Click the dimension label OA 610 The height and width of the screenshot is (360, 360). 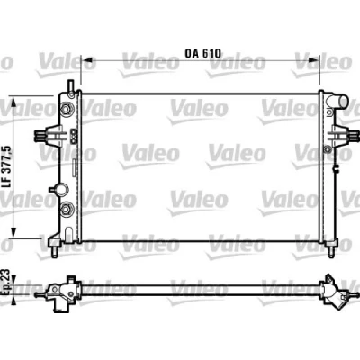click(202, 53)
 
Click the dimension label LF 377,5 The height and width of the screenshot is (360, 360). click(7, 166)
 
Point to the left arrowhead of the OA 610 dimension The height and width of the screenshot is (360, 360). click(88, 60)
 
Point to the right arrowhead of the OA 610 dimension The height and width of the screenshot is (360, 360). click(312, 60)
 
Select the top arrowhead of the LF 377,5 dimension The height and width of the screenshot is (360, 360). click(13, 103)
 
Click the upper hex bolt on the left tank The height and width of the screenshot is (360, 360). click(66, 109)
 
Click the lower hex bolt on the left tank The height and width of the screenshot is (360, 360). click(66, 208)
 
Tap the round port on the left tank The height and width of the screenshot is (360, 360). click(61, 190)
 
